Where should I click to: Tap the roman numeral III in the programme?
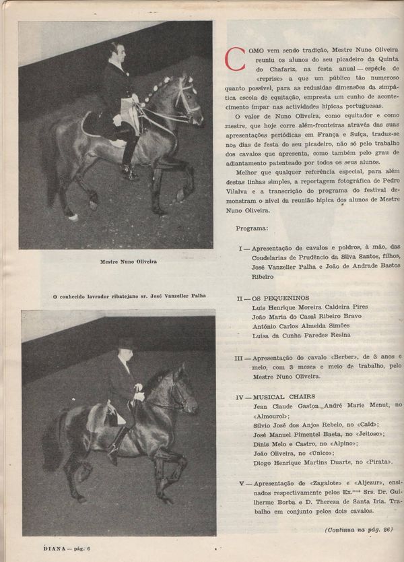click(x=242, y=357)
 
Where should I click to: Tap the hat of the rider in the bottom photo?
click(x=125, y=343)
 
